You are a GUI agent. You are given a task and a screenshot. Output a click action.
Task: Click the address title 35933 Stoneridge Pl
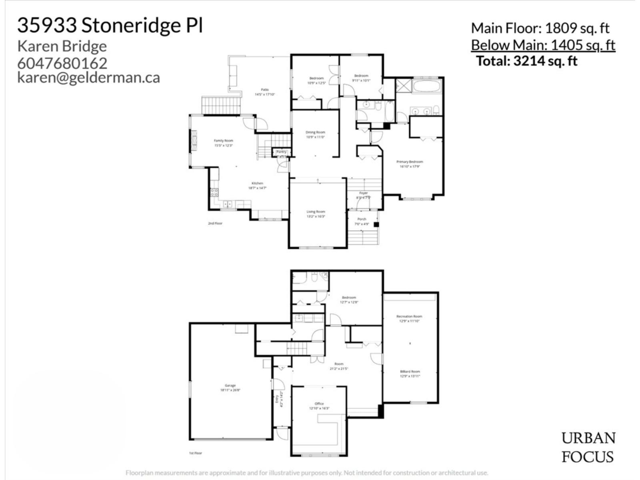[110, 26]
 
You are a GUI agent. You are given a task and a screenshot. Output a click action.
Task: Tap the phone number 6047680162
[62, 63]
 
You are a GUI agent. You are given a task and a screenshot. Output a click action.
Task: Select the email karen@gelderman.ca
[88, 77]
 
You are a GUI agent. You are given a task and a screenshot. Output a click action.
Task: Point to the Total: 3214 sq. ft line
[527, 61]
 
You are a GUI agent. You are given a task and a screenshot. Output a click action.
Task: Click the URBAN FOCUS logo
[588, 447]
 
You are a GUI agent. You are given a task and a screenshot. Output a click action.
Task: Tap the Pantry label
[282, 152]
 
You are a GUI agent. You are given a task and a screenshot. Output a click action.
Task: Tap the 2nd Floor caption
[215, 223]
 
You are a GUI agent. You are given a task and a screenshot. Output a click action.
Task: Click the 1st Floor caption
[196, 453]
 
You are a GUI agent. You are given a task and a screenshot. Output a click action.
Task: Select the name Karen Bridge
[62, 46]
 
